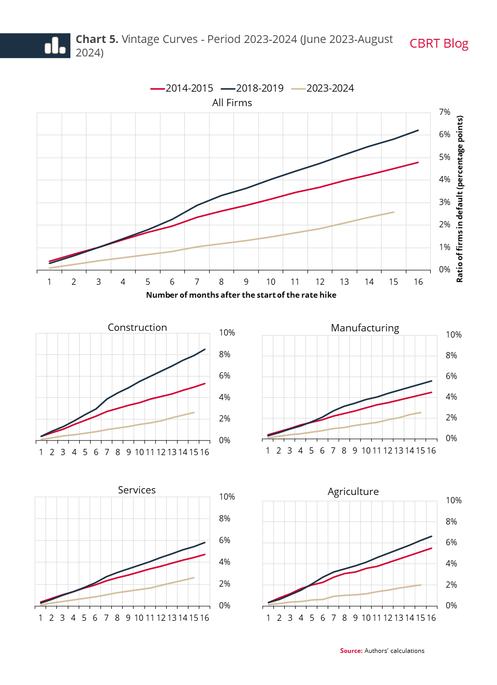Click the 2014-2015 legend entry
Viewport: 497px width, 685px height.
(182, 89)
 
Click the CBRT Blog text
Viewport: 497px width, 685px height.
(438, 43)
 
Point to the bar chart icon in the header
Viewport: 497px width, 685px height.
(55, 46)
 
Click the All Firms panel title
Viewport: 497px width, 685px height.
(232, 103)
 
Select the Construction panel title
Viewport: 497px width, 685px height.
(137, 328)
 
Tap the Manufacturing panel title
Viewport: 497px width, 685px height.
(365, 328)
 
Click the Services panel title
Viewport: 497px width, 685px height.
(137, 490)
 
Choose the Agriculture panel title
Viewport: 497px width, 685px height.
(353, 492)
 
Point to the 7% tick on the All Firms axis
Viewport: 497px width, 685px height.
(444, 112)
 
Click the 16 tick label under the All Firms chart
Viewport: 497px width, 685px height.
(418, 282)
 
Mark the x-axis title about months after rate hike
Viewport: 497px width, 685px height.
(241, 295)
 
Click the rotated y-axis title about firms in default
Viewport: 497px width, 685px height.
(460, 199)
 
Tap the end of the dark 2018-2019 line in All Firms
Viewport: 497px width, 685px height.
(418, 130)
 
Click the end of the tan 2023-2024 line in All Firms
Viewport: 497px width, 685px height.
(393, 212)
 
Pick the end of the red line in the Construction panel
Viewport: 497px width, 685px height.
(205, 384)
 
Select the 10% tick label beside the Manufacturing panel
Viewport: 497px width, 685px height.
(454, 335)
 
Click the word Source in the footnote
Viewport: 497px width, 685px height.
(350, 651)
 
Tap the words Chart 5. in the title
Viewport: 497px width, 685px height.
(97, 39)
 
